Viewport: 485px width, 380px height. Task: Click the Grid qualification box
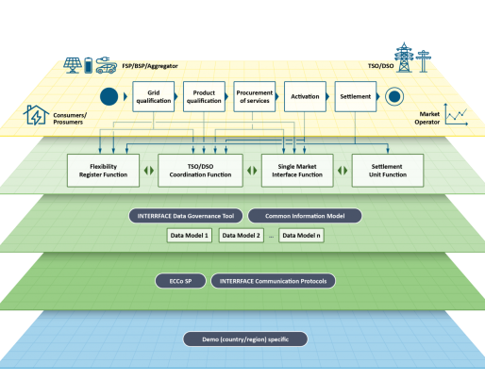point(154,96)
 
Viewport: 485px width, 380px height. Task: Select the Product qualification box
point(204,96)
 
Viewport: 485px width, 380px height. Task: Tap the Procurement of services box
point(255,96)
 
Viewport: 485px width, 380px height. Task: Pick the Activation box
point(305,96)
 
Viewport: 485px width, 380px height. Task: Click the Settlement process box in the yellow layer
point(356,96)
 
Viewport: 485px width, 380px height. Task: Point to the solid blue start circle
point(109,96)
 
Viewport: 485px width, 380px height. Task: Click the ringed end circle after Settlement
point(394,96)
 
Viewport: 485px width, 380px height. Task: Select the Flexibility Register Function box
point(103,171)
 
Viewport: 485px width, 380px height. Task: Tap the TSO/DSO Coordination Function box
point(200,171)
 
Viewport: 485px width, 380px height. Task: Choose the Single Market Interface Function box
point(297,171)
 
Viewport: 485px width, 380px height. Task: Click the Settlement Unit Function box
point(388,171)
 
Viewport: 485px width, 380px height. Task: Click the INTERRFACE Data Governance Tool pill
point(186,216)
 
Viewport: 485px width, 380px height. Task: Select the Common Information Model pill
point(305,216)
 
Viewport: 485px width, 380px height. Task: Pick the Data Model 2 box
point(242,236)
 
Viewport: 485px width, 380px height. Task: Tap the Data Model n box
point(301,236)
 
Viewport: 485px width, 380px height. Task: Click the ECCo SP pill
point(180,281)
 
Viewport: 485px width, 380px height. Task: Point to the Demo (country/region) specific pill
point(245,339)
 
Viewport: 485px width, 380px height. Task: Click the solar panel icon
point(73,65)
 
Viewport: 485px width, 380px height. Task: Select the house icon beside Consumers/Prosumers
point(36,115)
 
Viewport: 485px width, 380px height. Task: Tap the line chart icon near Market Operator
point(456,114)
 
